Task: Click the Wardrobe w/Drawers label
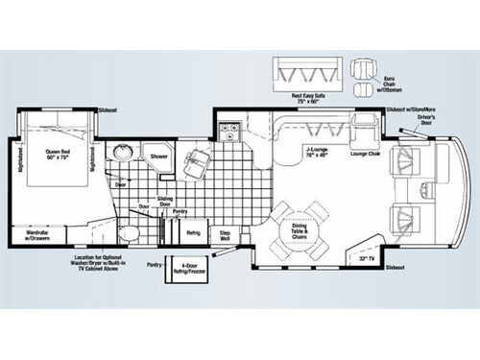tap(38, 233)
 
